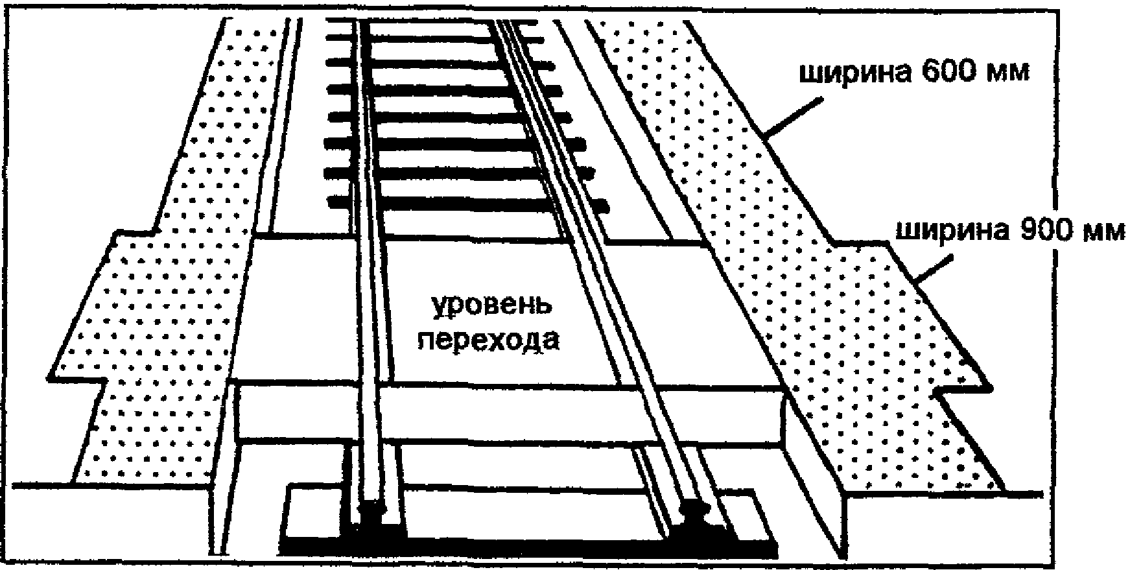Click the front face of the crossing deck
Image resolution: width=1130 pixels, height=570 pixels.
pyautogui.click(x=512, y=411)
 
